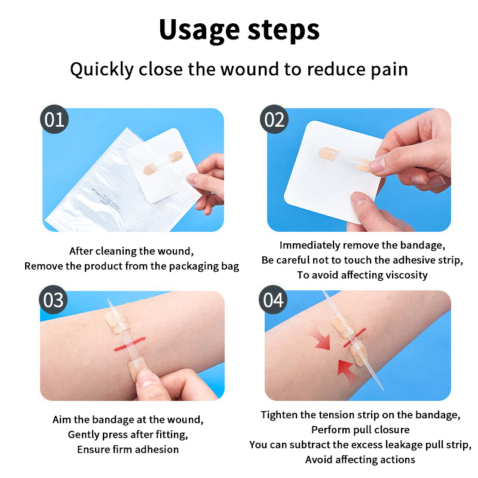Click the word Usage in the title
pyautogui.click(x=200, y=30)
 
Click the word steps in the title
pyautogui.click(x=283, y=30)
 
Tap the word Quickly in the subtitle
pyautogui.click(x=102, y=70)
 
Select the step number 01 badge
pyautogui.click(x=54, y=119)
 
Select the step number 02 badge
pyautogui.click(x=274, y=119)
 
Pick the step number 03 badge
pyautogui.click(x=53, y=300)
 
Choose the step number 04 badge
pyautogui.click(x=273, y=300)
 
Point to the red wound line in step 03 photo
pyautogui.click(x=130, y=344)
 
